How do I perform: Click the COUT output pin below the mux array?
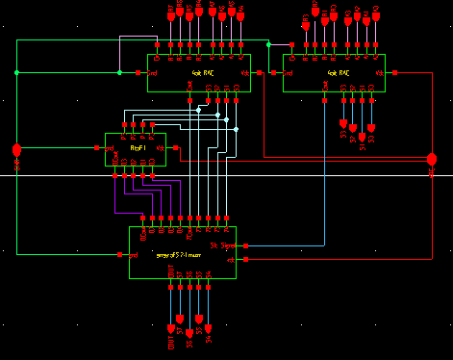pyautogui.click(x=172, y=318)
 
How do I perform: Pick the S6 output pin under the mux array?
pyautogui.click(x=190, y=318)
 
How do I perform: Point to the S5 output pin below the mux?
pyautogui.click(x=200, y=318)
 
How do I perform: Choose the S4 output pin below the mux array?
pyautogui.click(x=210, y=318)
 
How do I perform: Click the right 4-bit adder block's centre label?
pyautogui.click(x=338, y=72)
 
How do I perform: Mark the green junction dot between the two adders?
pyautogui.click(x=268, y=44)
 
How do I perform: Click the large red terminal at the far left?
pyautogui.click(x=16, y=150)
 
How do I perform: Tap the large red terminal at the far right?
pyautogui.click(x=432, y=156)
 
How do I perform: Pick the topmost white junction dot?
pyautogui.click(x=199, y=110)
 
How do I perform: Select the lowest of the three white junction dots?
pyautogui.click(x=236, y=128)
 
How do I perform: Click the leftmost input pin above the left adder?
pyautogui.click(x=161, y=14)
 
